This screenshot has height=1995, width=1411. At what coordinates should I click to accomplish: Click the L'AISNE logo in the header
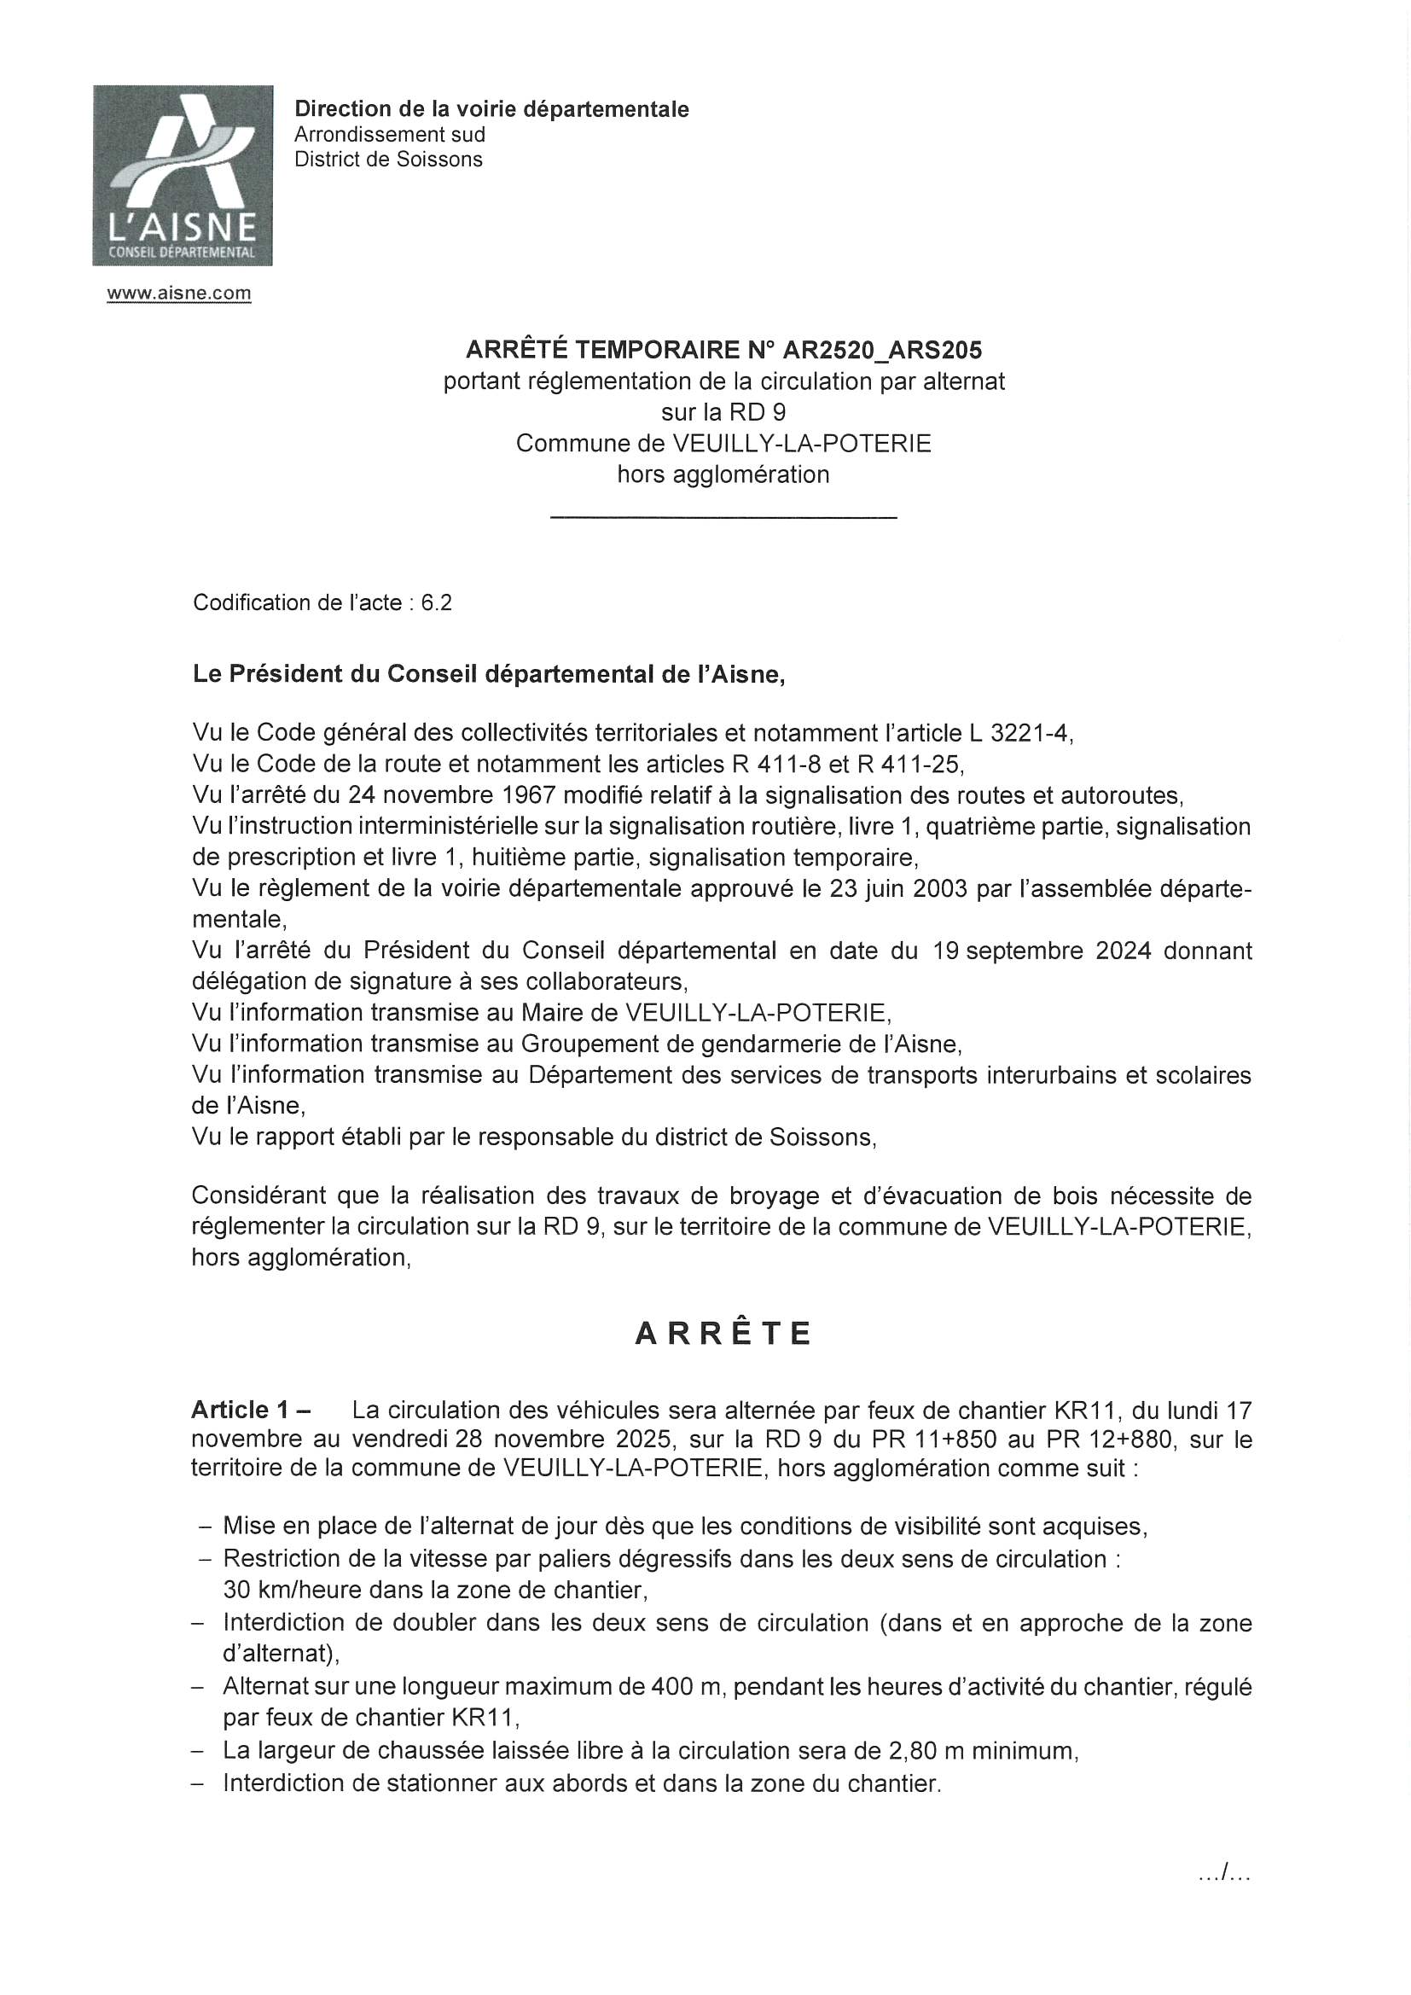pos(183,175)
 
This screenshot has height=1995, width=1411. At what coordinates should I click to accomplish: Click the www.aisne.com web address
pos(179,294)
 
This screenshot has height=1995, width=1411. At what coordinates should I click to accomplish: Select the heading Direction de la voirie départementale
pos(491,109)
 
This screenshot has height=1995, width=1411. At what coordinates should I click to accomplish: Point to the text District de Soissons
pos(387,160)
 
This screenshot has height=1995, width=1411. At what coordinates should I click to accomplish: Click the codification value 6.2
pos(436,603)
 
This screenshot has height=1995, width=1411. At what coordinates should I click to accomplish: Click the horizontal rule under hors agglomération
pos(723,519)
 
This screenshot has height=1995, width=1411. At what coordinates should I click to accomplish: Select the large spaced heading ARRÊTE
pos(723,1334)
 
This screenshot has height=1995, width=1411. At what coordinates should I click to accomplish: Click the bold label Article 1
pos(244,1410)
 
